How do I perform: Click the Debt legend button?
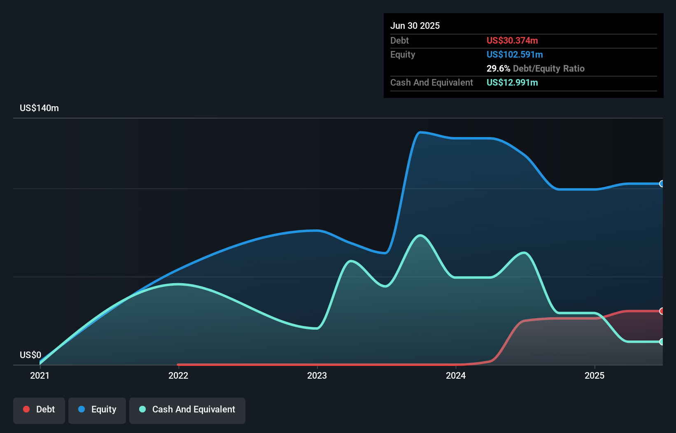(x=39, y=410)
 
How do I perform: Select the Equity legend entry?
(x=97, y=410)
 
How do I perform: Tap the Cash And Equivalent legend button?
(x=187, y=410)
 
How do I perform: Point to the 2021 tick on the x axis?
(x=40, y=375)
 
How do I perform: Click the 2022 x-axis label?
(x=178, y=375)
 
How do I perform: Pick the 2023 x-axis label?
(x=317, y=375)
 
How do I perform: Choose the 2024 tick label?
(x=456, y=375)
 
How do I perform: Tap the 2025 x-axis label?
(x=594, y=375)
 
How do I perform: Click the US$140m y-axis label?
(x=40, y=108)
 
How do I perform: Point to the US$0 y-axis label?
(x=30, y=355)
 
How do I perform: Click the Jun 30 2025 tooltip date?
(x=415, y=26)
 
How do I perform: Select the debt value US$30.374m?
(x=512, y=41)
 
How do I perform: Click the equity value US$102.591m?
(x=515, y=55)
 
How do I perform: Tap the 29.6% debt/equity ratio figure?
(x=498, y=69)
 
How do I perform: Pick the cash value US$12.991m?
(x=512, y=83)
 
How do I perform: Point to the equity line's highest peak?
(x=420, y=133)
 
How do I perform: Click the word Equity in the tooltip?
(x=403, y=55)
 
